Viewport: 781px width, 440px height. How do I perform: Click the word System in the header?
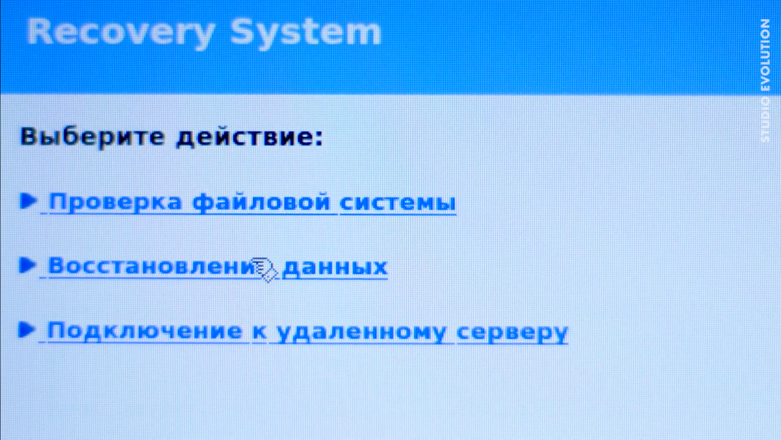[305, 32]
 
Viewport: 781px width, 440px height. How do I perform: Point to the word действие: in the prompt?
[249, 137]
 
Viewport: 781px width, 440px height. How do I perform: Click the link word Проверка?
[115, 203]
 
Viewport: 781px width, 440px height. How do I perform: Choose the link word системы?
[397, 203]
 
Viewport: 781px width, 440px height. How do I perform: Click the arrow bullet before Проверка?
[28, 201]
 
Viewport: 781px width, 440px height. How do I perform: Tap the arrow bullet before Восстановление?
[28, 265]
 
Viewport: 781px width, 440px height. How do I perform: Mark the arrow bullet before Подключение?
[27, 329]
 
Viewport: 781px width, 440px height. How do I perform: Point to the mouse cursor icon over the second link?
[264, 270]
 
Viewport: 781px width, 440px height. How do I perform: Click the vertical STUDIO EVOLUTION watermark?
[766, 80]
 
